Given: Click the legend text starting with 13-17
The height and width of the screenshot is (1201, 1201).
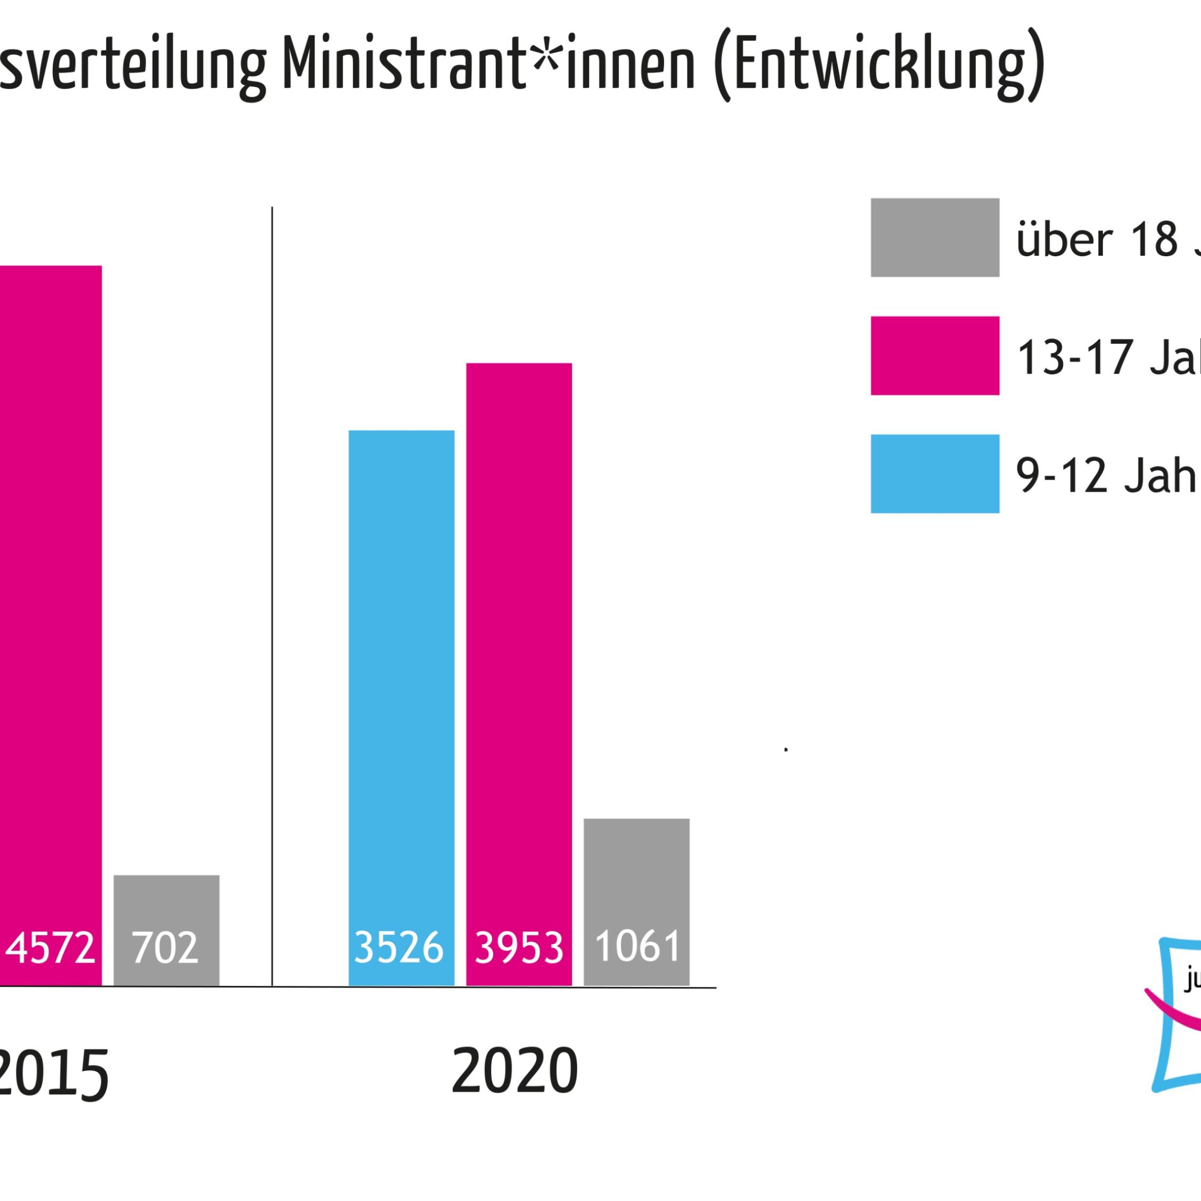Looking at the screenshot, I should pos(1107,358).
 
